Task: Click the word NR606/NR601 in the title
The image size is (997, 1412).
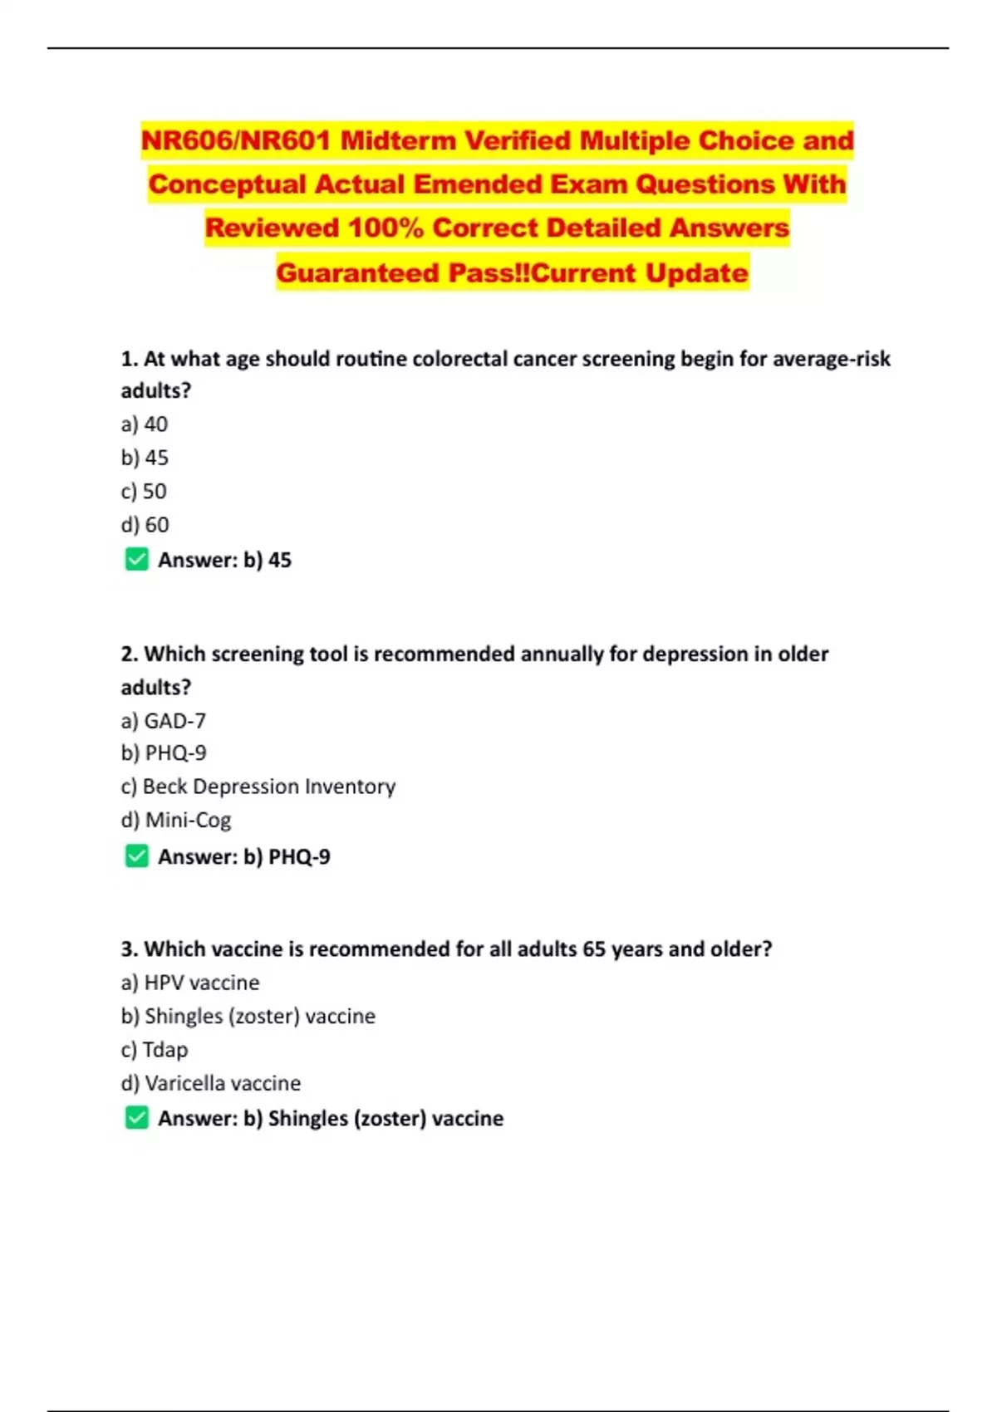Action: click(236, 140)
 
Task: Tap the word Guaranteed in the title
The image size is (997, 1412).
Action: click(357, 272)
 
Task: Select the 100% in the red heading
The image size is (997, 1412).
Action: click(386, 228)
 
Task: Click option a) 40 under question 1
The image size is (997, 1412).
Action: click(145, 424)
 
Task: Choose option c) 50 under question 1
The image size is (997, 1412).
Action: click(144, 492)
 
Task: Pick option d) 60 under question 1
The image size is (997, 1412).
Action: click(145, 525)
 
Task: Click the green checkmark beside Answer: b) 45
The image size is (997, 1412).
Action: click(137, 560)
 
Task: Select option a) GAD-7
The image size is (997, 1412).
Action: click(164, 721)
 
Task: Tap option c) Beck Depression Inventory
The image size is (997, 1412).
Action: click(258, 787)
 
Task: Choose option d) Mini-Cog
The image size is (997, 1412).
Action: click(176, 820)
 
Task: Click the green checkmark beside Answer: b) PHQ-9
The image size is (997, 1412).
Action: click(137, 856)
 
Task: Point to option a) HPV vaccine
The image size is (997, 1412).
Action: click(190, 983)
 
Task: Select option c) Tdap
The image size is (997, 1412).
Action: click(155, 1050)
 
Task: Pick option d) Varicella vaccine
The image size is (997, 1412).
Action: click(211, 1083)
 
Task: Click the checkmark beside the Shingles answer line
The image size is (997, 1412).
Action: click(137, 1118)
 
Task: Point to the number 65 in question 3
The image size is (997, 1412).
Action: click(594, 949)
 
